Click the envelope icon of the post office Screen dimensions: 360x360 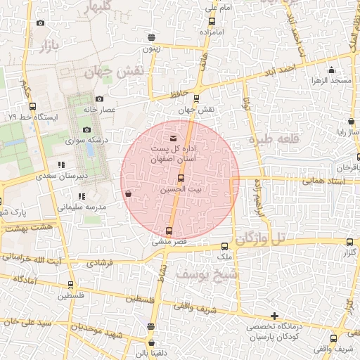(x=174, y=137)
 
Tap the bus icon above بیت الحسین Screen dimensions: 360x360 (x=180, y=179)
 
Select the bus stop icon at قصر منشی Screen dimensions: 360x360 (x=169, y=231)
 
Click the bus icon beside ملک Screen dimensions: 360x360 (x=225, y=247)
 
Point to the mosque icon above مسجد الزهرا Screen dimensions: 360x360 (x=331, y=70)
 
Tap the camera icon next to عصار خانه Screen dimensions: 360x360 (x=99, y=98)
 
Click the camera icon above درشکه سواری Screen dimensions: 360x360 (x=86, y=129)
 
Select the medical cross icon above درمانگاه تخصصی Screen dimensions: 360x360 (x=274, y=316)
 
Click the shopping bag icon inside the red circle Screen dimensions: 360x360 (x=127, y=193)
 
